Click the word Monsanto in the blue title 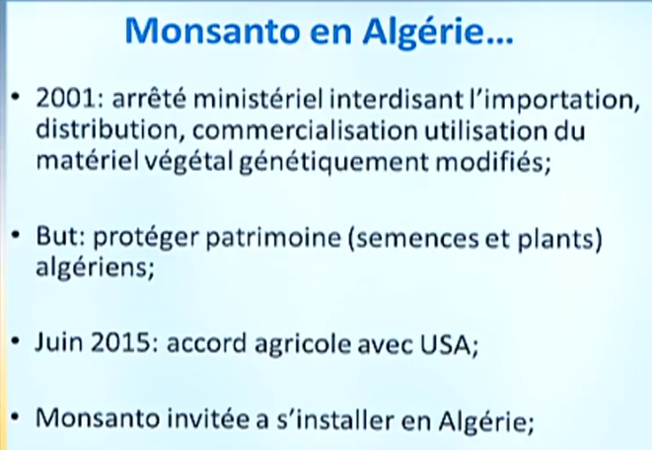(212, 32)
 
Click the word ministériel (257, 99)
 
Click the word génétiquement (333, 162)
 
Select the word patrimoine (273, 237)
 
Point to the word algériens (95, 267)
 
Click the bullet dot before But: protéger (16, 235)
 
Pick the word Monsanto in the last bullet (98, 418)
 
